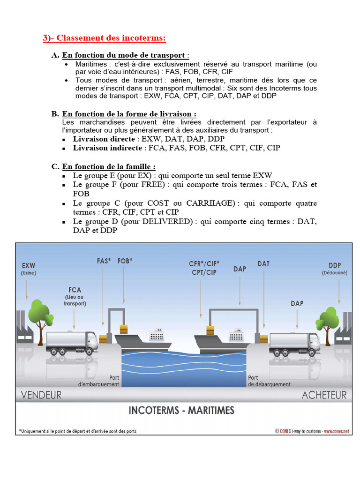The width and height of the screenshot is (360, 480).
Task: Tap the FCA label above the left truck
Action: click(75, 289)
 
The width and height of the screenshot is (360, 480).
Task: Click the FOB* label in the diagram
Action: click(125, 261)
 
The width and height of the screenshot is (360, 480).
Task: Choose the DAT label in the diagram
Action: click(263, 264)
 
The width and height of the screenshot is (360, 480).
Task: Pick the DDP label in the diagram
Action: click(334, 265)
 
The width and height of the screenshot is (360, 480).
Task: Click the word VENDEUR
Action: click(41, 395)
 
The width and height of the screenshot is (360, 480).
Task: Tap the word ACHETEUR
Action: click(324, 395)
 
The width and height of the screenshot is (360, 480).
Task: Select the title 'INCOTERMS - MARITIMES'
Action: click(181, 411)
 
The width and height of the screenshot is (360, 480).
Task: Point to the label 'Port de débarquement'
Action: click(269, 381)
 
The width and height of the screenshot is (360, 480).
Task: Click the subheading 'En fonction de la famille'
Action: click(109, 166)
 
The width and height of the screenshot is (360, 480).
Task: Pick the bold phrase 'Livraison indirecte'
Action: click(107, 148)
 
